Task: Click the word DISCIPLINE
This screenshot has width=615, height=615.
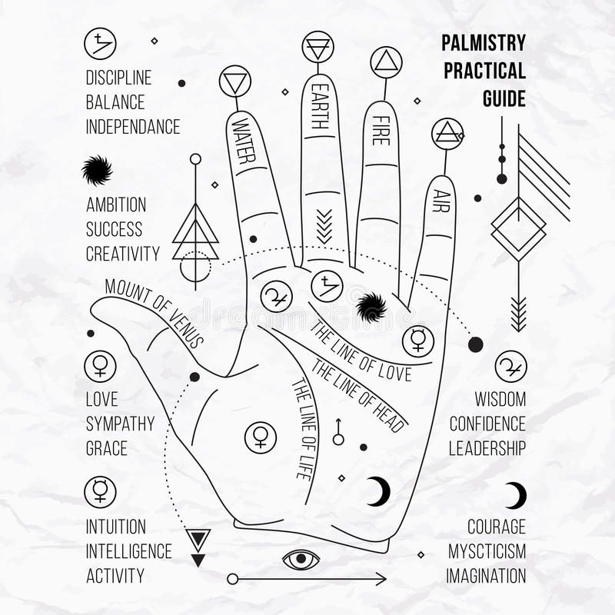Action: click(x=118, y=78)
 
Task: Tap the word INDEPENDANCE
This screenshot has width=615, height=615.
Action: click(x=133, y=127)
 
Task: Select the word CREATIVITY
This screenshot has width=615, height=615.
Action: click(x=123, y=254)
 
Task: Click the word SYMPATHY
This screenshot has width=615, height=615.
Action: click(x=120, y=424)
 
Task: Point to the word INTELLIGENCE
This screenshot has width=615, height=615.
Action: click(x=128, y=551)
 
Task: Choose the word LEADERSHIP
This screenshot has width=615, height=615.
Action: click(x=487, y=448)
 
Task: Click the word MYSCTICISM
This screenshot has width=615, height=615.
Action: click(x=487, y=551)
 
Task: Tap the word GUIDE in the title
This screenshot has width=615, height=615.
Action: click(x=504, y=98)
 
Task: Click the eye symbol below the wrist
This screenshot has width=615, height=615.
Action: click(x=301, y=559)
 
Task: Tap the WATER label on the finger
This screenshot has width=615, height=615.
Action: click(x=244, y=141)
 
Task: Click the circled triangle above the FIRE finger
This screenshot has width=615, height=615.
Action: click(x=387, y=62)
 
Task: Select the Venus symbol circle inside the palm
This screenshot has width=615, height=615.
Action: click(x=261, y=437)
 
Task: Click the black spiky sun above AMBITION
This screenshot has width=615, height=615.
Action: click(x=97, y=170)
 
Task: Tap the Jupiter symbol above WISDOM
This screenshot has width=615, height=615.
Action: click(x=510, y=367)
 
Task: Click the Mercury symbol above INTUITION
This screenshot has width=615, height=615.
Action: click(x=100, y=492)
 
